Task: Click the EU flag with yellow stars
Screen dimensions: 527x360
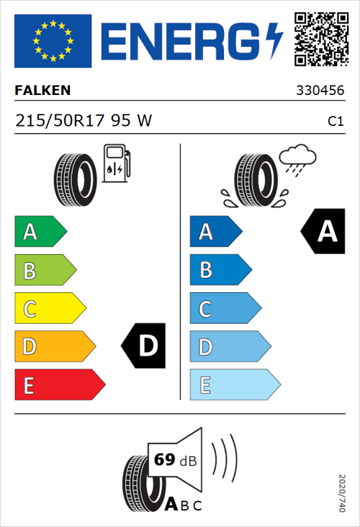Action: coord(53,40)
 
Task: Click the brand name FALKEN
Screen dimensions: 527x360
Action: coord(43,91)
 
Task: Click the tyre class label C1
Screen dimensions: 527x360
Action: coord(336,122)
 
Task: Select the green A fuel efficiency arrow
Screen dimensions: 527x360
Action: coord(40,232)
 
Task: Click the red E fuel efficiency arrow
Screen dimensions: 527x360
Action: coord(59,385)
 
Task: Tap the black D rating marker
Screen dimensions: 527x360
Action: coord(145,346)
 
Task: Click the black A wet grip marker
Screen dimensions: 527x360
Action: coord(325,232)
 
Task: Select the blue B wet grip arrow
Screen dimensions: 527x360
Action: coord(219,270)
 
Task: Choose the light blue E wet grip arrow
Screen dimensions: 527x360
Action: coord(234,385)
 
